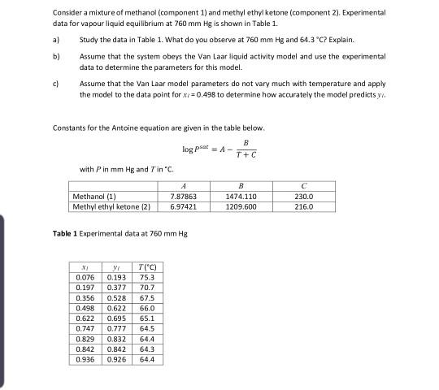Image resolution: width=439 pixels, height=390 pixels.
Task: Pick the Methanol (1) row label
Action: [x=93, y=197]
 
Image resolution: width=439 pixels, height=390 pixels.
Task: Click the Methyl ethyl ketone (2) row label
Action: [x=112, y=206]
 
